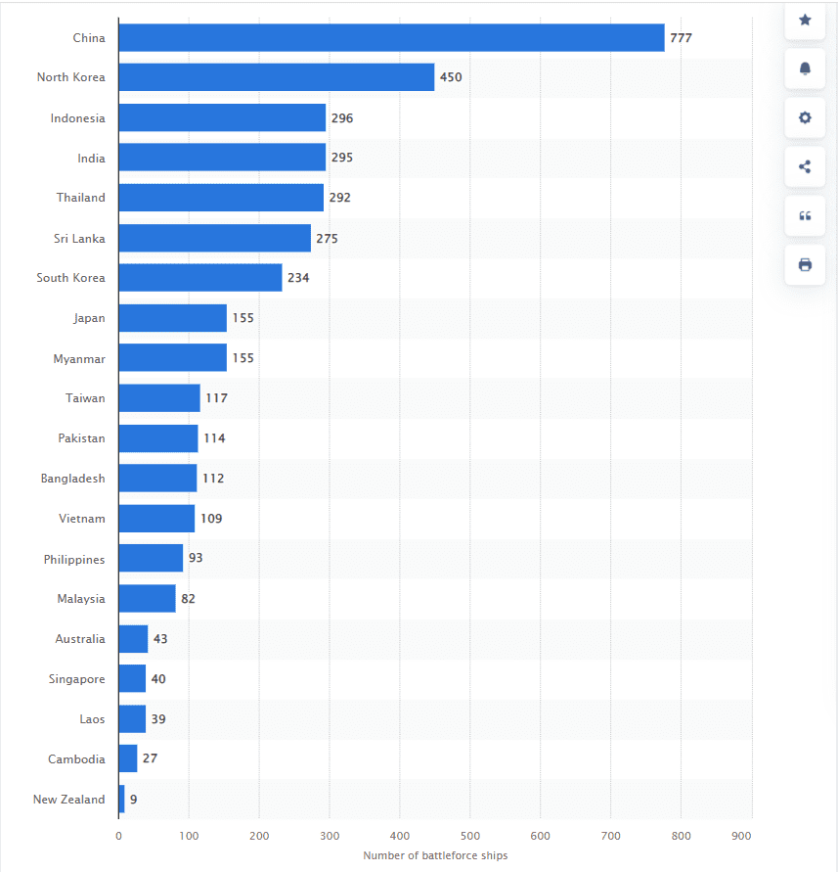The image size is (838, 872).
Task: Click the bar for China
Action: [x=391, y=38]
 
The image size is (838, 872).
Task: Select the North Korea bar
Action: [x=276, y=77]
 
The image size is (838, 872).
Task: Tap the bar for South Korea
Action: [x=199, y=277]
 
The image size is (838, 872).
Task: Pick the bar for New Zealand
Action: [x=121, y=799]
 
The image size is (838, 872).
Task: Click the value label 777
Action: [x=681, y=38]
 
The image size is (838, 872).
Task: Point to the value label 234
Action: [x=298, y=278]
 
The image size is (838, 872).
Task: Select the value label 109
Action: [x=211, y=518]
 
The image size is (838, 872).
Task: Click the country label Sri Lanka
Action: [x=79, y=238]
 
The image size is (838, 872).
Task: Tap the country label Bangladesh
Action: [x=72, y=479]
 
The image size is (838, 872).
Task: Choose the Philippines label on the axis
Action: [x=74, y=559]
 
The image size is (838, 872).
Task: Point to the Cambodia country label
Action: [x=76, y=758]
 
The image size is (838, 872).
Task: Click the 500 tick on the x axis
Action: [x=470, y=836]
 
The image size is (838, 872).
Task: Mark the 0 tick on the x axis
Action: [x=118, y=836]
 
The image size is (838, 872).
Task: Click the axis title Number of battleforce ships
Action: [x=435, y=855]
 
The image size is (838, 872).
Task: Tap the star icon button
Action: [x=805, y=20]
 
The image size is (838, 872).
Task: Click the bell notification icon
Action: [x=805, y=69]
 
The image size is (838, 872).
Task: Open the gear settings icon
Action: [x=805, y=117]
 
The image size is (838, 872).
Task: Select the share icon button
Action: [x=805, y=166]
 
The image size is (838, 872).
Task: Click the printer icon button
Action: [x=805, y=264]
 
